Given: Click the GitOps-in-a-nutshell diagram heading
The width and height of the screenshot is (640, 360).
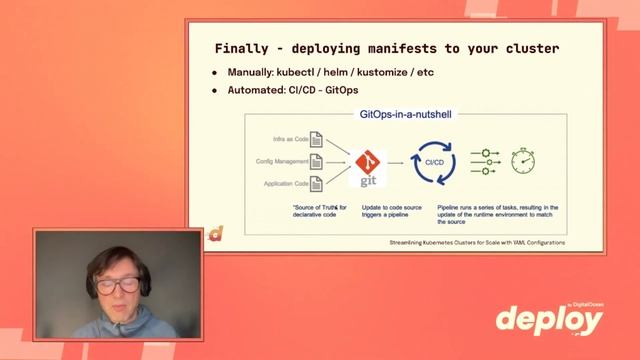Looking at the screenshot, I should pos(405,115).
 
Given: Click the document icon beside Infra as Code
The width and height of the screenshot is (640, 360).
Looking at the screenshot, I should pos(316,138).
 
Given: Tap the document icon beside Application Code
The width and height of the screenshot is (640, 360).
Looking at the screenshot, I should pos(316,182).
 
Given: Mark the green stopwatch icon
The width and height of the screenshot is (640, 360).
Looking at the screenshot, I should pos(523,160).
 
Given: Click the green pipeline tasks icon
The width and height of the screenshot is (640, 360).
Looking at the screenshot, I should pos(485,160).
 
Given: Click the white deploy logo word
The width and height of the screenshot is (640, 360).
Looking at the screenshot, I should pos(549,320).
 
